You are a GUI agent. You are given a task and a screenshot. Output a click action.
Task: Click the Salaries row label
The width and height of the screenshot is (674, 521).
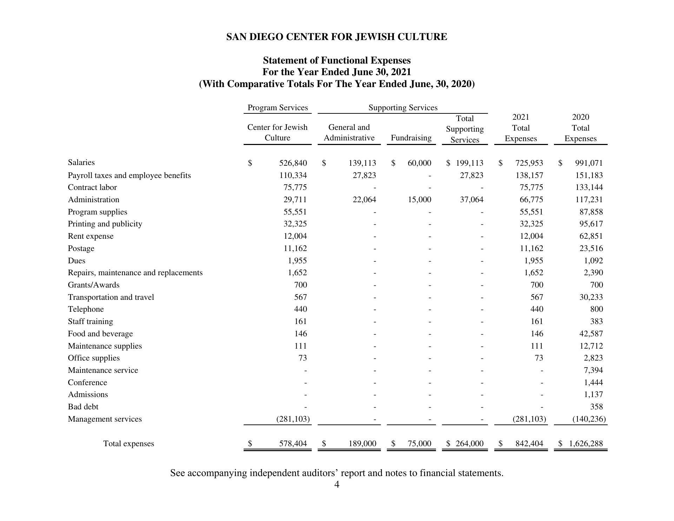coord(81,163)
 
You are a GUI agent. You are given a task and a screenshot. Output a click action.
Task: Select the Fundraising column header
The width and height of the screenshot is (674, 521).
coord(411,138)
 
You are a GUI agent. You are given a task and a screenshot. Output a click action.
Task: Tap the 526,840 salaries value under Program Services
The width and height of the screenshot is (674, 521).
coord(293,163)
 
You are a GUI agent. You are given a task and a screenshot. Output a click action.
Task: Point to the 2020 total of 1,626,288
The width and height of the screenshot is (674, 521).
coord(586,444)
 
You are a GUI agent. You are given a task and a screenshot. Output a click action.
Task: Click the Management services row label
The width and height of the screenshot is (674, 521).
coord(105,419)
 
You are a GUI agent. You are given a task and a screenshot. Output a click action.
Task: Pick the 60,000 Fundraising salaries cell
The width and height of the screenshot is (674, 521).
coord(419,163)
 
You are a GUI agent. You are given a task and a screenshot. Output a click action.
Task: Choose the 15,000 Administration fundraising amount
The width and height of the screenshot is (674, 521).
coord(419,200)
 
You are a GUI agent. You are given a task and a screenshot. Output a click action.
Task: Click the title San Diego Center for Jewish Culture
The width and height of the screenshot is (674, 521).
coord(337,37)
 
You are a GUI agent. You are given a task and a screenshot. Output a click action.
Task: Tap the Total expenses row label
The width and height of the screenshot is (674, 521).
coord(128,444)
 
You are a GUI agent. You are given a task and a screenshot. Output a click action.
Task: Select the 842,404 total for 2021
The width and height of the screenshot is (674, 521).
coord(529,444)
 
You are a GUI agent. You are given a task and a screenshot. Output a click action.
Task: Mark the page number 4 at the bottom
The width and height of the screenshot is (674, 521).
coord(337,485)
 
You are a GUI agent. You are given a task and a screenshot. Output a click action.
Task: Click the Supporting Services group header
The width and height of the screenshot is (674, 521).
coord(403,108)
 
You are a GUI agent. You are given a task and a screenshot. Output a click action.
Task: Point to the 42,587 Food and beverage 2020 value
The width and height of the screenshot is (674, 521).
coord(591,334)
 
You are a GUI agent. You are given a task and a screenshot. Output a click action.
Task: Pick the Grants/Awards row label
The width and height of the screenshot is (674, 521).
coord(93,285)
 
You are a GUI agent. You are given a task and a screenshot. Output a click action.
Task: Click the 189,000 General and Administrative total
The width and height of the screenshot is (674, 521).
coord(362,444)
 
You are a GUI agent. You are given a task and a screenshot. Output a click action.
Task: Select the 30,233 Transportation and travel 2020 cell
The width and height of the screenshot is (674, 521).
coord(591,297)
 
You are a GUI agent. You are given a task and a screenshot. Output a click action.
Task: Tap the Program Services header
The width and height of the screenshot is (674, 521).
coord(277,108)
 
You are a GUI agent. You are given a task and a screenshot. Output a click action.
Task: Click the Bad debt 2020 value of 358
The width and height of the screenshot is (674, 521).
coord(596,407)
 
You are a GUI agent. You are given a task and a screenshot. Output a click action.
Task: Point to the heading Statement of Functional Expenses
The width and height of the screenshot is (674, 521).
coord(337,60)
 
